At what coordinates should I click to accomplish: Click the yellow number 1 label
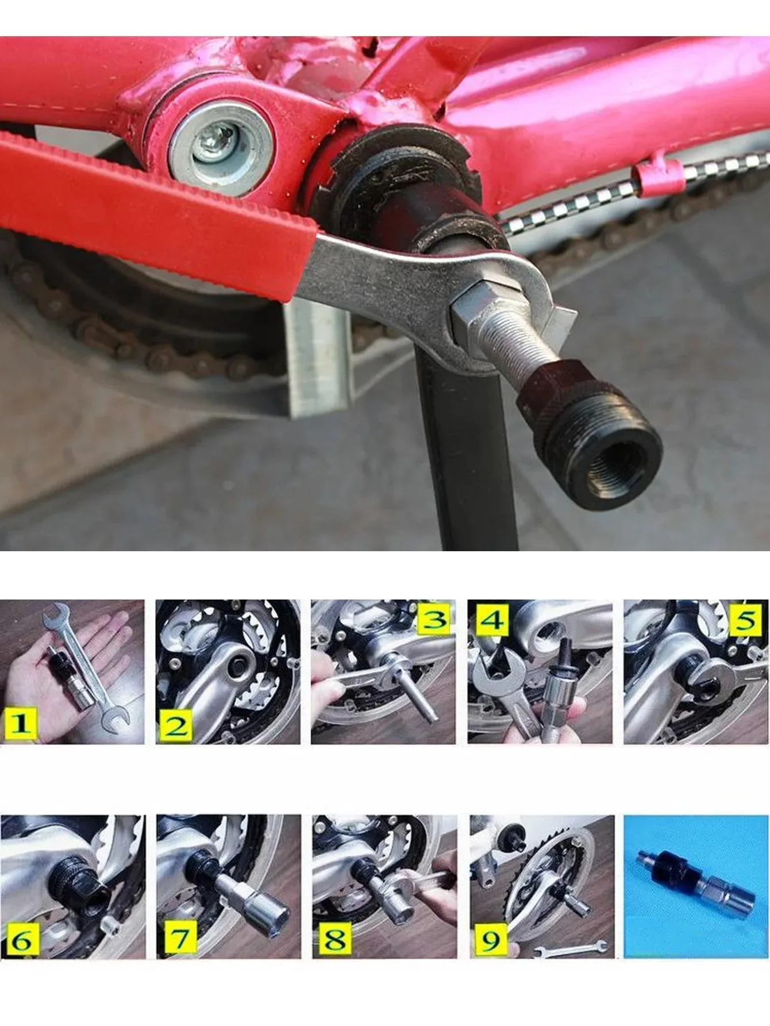(20, 723)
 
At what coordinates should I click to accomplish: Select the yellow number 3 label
(435, 619)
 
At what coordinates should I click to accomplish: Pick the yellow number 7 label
(180, 937)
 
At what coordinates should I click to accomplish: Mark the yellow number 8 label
(335, 939)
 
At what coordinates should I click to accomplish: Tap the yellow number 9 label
(491, 940)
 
